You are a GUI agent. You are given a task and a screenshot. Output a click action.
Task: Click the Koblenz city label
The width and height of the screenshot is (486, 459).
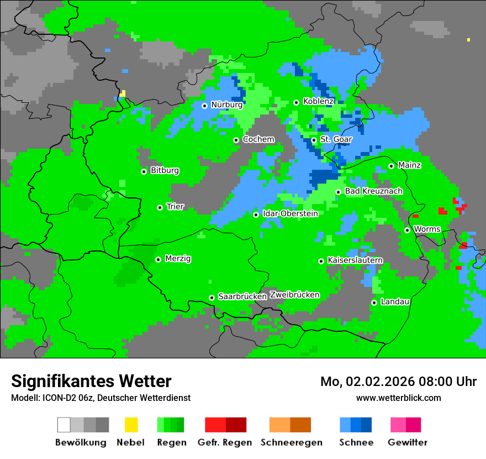click(x=318, y=101)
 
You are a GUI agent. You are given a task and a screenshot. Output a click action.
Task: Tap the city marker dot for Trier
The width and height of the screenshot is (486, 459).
click(x=160, y=207)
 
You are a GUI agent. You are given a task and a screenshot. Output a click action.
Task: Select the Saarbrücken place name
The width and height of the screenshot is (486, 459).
click(x=242, y=296)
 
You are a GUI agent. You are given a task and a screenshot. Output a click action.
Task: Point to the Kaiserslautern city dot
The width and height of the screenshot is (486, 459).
click(x=321, y=261)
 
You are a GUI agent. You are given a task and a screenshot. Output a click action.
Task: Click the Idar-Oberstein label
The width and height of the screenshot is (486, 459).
click(x=290, y=213)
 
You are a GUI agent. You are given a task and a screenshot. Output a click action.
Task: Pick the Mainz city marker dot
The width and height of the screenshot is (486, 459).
click(x=391, y=166)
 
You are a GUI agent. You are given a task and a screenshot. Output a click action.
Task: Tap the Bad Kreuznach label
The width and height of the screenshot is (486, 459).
click(x=373, y=191)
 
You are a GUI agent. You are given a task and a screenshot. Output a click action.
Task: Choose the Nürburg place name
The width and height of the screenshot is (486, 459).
click(x=226, y=105)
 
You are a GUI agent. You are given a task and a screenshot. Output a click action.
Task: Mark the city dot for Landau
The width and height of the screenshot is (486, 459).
click(x=374, y=302)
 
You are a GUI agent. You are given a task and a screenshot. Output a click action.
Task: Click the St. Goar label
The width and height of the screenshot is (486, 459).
click(x=336, y=139)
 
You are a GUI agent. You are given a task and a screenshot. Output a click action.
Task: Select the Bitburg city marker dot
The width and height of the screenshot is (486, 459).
click(x=144, y=171)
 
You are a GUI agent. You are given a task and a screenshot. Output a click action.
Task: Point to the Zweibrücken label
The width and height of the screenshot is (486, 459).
click(x=294, y=295)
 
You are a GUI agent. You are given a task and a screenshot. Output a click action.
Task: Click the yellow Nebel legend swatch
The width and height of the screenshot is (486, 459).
click(x=131, y=425)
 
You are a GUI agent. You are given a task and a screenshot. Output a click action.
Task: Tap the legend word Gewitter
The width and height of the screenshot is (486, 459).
click(x=407, y=442)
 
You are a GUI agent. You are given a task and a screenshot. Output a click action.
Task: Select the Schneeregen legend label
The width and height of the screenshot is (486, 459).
click(x=291, y=442)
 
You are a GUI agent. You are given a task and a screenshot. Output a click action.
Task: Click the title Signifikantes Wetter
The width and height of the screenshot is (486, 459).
click(x=91, y=381)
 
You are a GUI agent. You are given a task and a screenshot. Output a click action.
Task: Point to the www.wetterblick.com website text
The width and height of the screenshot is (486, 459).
click(x=398, y=398)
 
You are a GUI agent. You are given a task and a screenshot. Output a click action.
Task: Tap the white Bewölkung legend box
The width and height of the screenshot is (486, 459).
click(x=64, y=425)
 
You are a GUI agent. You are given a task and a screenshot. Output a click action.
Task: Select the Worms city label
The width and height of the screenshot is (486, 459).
click(x=427, y=229)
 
